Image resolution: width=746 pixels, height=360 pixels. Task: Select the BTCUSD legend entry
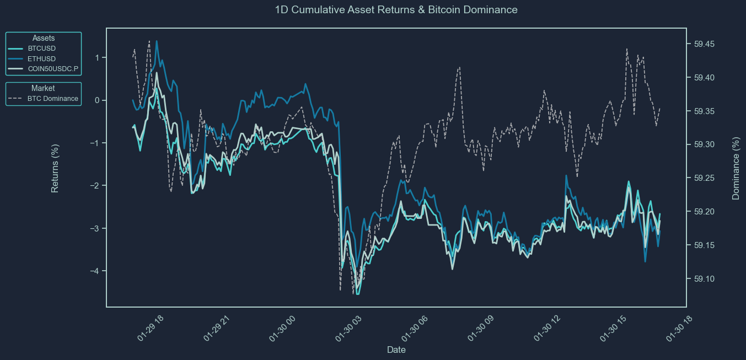coord(41,49)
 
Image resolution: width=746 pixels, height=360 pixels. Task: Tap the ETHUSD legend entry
coord(41,59)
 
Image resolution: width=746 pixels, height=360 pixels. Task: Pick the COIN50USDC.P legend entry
coord(53,69)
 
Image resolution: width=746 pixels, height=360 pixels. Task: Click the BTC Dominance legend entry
coord(52,99)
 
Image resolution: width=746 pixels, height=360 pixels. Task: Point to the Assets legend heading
coord(43,38)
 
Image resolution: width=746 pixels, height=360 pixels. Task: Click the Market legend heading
coord(43,88)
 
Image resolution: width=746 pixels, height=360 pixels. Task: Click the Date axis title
coord(396,350)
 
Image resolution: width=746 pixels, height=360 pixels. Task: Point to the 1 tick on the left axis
coord(97,58)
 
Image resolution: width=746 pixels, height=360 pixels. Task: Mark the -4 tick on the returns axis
coord(95,271)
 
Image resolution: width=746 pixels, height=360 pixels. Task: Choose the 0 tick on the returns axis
coord(97,100)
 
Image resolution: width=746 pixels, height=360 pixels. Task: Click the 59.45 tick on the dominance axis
coord(702,44)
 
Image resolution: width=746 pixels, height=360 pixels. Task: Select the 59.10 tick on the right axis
coord(702,279)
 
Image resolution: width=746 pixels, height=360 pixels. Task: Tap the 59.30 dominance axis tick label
coord(702,144)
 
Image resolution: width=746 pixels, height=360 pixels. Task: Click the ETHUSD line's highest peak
coord(157,41)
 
